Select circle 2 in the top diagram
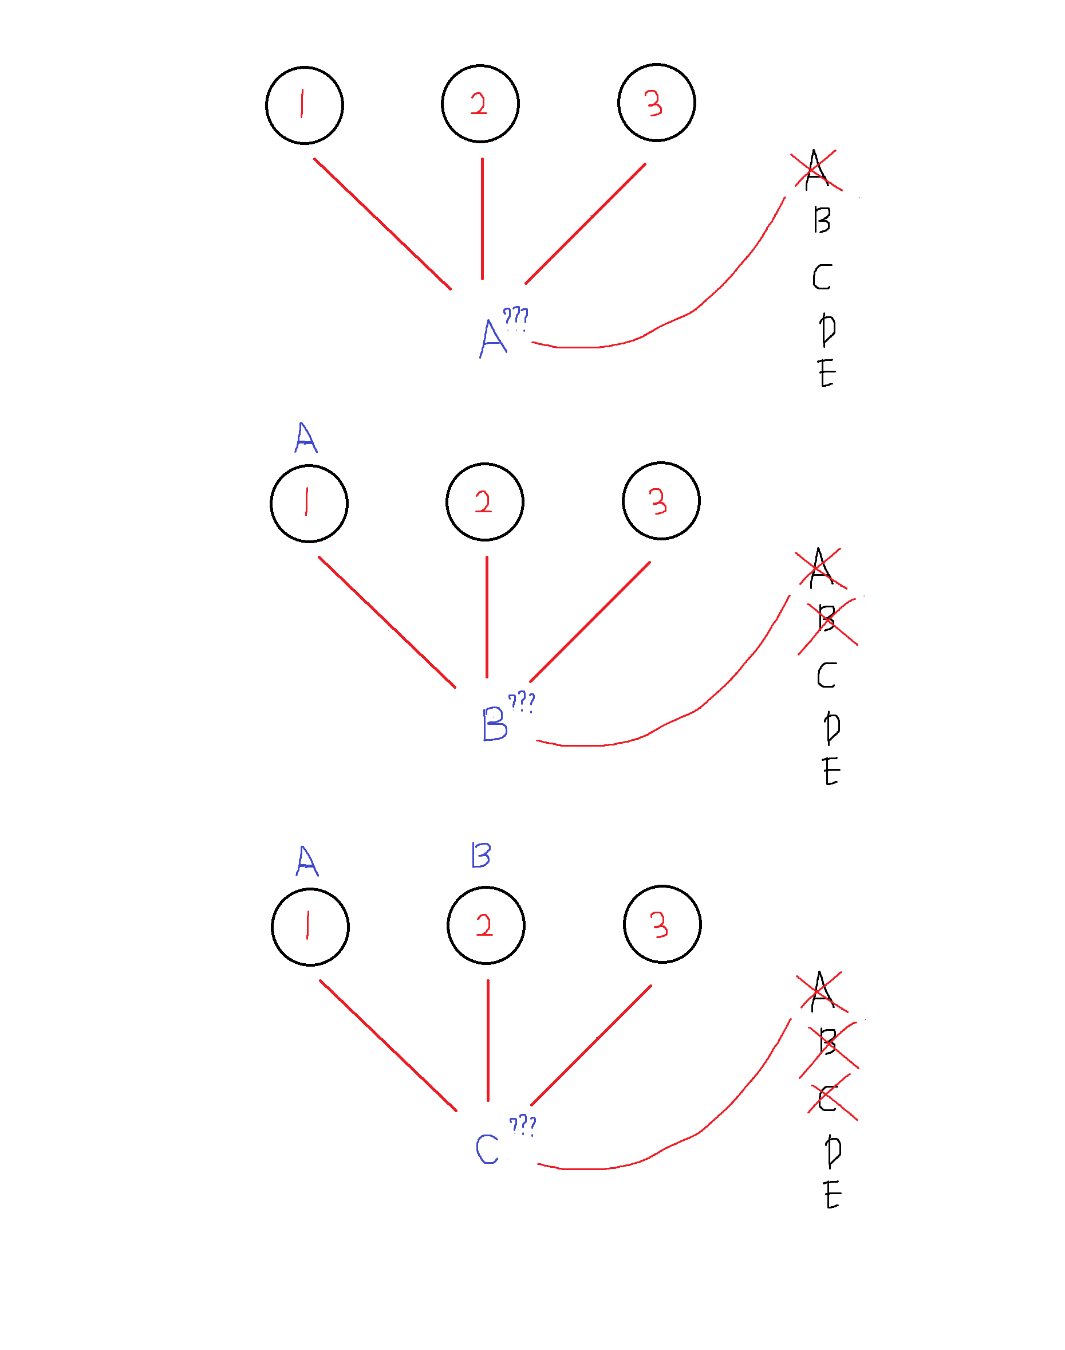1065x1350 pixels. pos(480,104)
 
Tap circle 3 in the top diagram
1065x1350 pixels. pos(657,103)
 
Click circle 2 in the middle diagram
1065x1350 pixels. pos(484,501)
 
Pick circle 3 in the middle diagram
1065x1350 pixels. pos(661,500)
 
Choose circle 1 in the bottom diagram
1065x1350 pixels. pos(310,927)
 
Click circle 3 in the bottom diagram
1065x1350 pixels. pos(662,924)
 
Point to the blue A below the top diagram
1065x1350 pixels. pos(492,338)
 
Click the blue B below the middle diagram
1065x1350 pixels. pos(495,724)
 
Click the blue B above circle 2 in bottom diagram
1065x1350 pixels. pos(481,855)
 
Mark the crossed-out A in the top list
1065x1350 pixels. pos(815,170)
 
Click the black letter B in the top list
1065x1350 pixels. pos(822,220)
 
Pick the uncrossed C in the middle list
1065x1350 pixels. pos(826,675)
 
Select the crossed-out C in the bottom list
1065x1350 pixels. pos(827,1098)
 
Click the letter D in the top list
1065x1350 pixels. pos(827,329)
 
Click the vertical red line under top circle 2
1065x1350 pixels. pos(482,218)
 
